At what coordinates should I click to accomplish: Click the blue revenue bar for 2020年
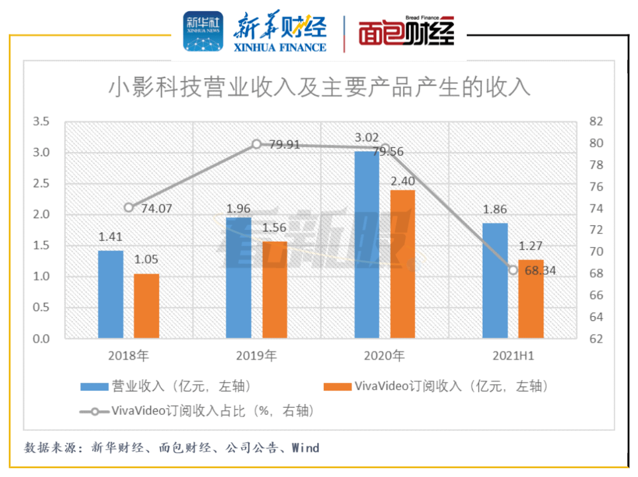pos(366,245)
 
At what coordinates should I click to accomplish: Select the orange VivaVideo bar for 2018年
pos(147,306)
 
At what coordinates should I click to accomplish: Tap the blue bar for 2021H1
pos(495,281)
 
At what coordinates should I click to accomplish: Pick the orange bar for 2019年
pos(274,290)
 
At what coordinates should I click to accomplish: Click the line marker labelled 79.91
pos(256,144)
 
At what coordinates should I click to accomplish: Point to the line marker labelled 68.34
pos(513,270)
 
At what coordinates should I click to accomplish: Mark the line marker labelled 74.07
pos(129,207)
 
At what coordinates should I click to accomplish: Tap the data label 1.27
pos(530,248)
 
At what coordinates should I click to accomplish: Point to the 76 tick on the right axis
pos(595,187)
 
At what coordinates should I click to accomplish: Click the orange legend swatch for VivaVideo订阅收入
pos(337,387)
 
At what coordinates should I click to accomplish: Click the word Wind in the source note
pos(306,447)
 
